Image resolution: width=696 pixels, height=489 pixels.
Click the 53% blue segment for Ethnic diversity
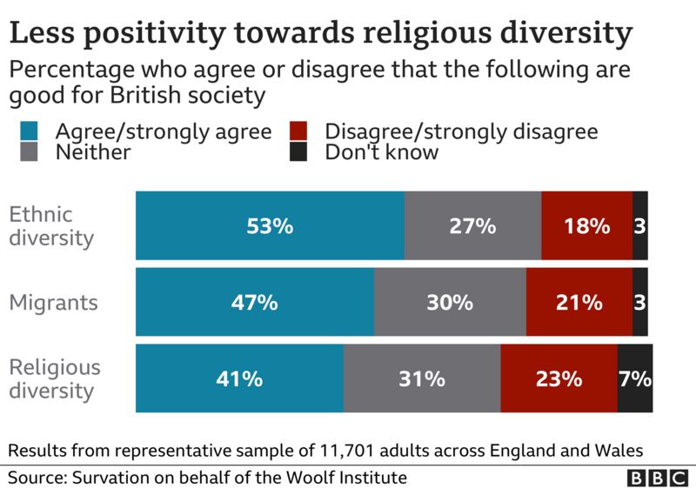click(x=270, y=226)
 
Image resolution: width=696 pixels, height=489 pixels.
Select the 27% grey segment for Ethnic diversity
click(x=472, y=226)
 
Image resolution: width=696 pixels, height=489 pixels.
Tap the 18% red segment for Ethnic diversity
click(x=586, y=226)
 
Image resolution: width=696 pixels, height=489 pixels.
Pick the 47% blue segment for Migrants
click(x=255, y=303)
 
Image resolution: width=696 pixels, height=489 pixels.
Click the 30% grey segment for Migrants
click(x=450, y=303)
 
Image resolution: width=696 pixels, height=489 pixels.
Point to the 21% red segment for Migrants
click(x=579, y=303)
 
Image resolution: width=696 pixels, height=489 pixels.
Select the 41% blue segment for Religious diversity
click(x=239, y=379)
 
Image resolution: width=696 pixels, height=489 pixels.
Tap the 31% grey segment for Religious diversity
click(x=422, y=379)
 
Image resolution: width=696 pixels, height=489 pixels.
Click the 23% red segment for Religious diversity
click(x=559, y=379)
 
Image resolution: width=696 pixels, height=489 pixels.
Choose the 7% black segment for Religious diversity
click(x=634, y=379)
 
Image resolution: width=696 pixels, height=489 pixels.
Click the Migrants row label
click(x=52, y=303)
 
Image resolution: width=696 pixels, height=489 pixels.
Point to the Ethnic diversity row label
click(x=50, y=226)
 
